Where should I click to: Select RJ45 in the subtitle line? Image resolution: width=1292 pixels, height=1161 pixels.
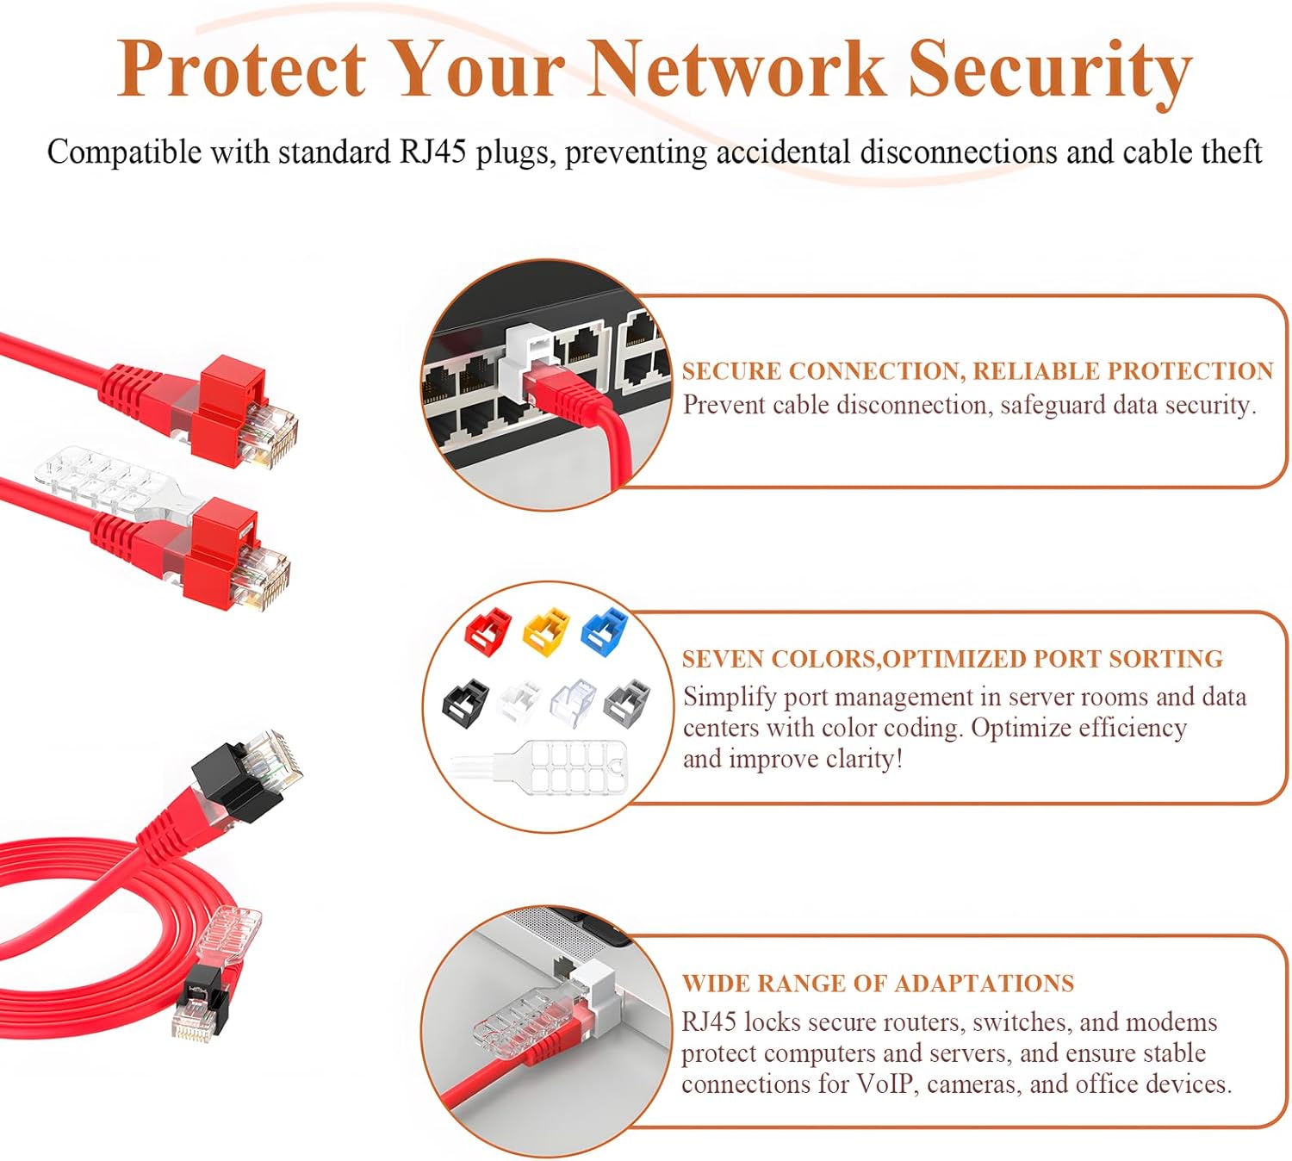point(432,152)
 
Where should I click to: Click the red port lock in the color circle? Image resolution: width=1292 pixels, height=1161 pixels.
point(488,629)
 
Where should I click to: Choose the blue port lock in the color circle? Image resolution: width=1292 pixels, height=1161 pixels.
point(606,629)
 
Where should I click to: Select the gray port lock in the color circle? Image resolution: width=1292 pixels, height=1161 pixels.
point(627,699)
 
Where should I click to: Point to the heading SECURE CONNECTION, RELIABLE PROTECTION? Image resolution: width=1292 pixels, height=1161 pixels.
point(977,371)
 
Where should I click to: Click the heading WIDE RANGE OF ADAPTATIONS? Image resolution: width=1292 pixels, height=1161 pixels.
point(878,984)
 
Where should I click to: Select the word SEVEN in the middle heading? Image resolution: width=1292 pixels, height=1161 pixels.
point(722,659)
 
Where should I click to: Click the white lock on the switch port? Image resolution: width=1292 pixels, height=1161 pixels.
point(530,353)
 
